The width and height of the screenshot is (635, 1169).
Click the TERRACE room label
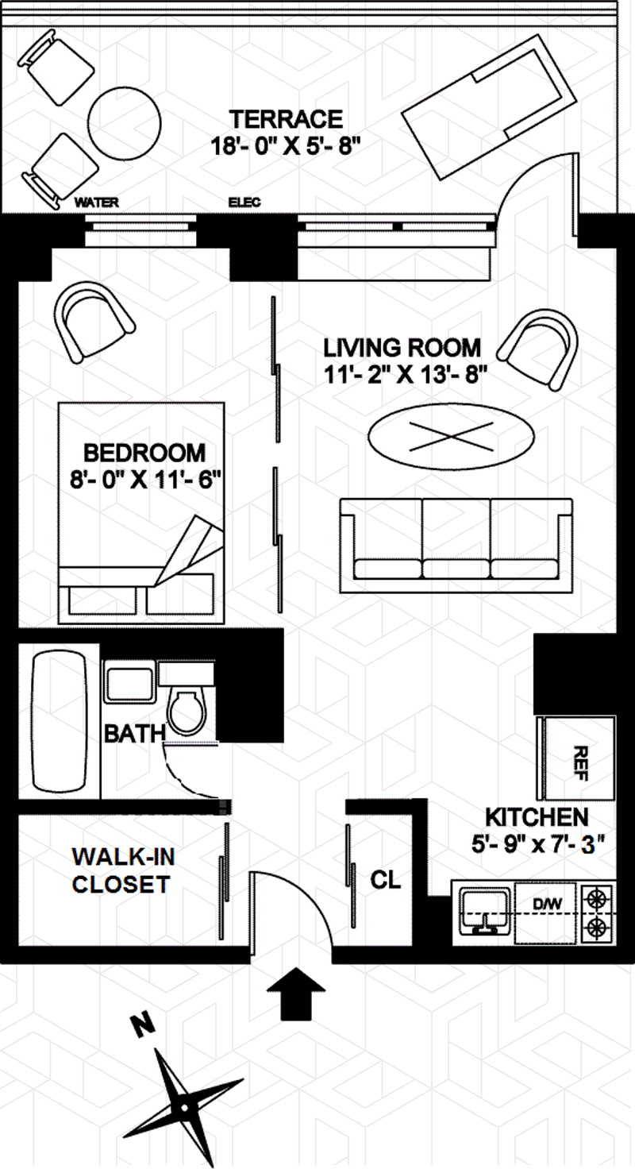pos(286,119)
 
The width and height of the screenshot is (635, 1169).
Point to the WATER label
pos(96,203)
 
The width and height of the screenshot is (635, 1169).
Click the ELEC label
pos(244,203)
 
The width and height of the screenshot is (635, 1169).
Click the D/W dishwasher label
pos(547,903)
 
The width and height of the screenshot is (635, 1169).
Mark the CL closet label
pos(387,880)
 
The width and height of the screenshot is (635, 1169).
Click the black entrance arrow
pos(296,993)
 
